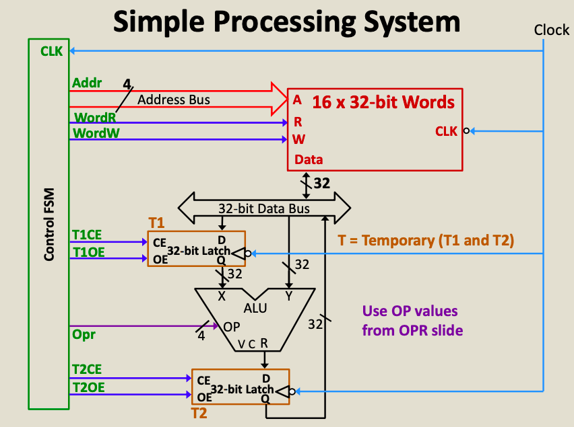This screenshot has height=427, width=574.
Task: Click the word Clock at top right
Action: click(552, 30)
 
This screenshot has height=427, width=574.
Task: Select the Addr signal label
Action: click(86, 83)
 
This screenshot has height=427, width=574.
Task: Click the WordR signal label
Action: click(91, 117)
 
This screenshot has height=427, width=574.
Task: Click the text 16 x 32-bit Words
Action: click(383, 103)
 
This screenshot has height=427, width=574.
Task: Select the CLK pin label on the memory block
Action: click(446, 132)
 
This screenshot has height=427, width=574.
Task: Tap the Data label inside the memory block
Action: click(308, 159)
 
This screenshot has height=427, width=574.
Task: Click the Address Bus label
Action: click(174, 100)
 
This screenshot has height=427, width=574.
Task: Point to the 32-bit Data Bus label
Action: click(264, 208)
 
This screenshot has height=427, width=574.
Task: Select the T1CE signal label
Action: click(88, 235)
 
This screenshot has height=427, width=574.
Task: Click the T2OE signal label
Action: click(88, 387)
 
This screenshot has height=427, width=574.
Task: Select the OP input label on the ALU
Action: click(231, 327)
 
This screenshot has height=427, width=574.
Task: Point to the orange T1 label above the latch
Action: click(156, 223)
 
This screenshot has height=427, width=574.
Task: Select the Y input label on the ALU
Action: click(288, 296)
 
